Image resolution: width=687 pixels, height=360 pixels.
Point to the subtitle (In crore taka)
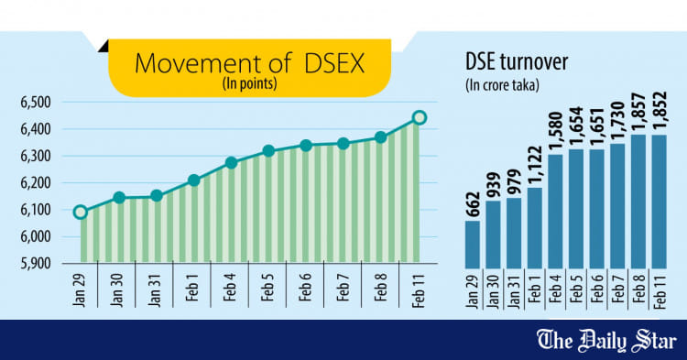click(x=502, y=85)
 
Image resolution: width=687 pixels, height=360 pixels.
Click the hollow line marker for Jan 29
click(x=81, y=213)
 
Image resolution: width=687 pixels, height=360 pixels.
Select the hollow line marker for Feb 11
click(x=419, y=117)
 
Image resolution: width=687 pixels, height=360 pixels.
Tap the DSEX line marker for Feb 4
click(x=231, y=163)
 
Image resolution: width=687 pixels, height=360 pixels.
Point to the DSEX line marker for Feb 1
click(x=193, y=180)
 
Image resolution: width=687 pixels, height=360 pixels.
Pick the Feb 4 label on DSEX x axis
click(x=231, y=291)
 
